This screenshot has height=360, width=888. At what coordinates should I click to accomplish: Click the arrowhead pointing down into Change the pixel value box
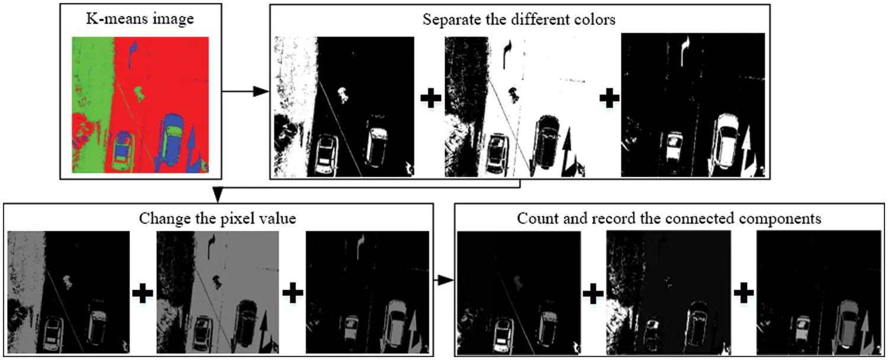[217, 194]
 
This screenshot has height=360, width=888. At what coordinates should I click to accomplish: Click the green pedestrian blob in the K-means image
[140, 92]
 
